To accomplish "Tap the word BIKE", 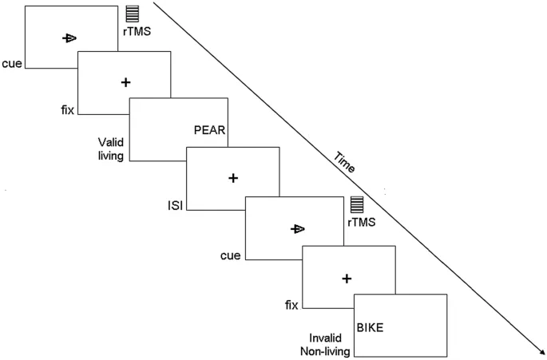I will coord(370,327).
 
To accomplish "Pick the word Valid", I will coord(110,141).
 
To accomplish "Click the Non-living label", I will coord(325,351).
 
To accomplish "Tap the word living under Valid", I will coord(110,156).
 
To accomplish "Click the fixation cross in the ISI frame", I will coord(232,177).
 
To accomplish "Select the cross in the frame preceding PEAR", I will coord(125,82).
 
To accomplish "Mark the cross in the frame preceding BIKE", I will coord(347,278).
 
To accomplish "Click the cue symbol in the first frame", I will coord(69,38).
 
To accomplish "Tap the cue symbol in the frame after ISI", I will coord(297,229).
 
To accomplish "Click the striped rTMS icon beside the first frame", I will coord(132,14).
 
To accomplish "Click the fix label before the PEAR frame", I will coord(67,110).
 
